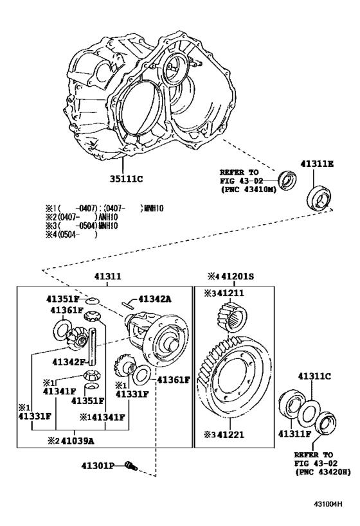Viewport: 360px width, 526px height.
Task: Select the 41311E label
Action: click(316, 164)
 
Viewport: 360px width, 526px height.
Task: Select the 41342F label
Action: click(69, 362)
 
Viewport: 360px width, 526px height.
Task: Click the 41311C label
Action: click(314, 376)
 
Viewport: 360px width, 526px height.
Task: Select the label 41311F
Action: click(294, 434)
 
